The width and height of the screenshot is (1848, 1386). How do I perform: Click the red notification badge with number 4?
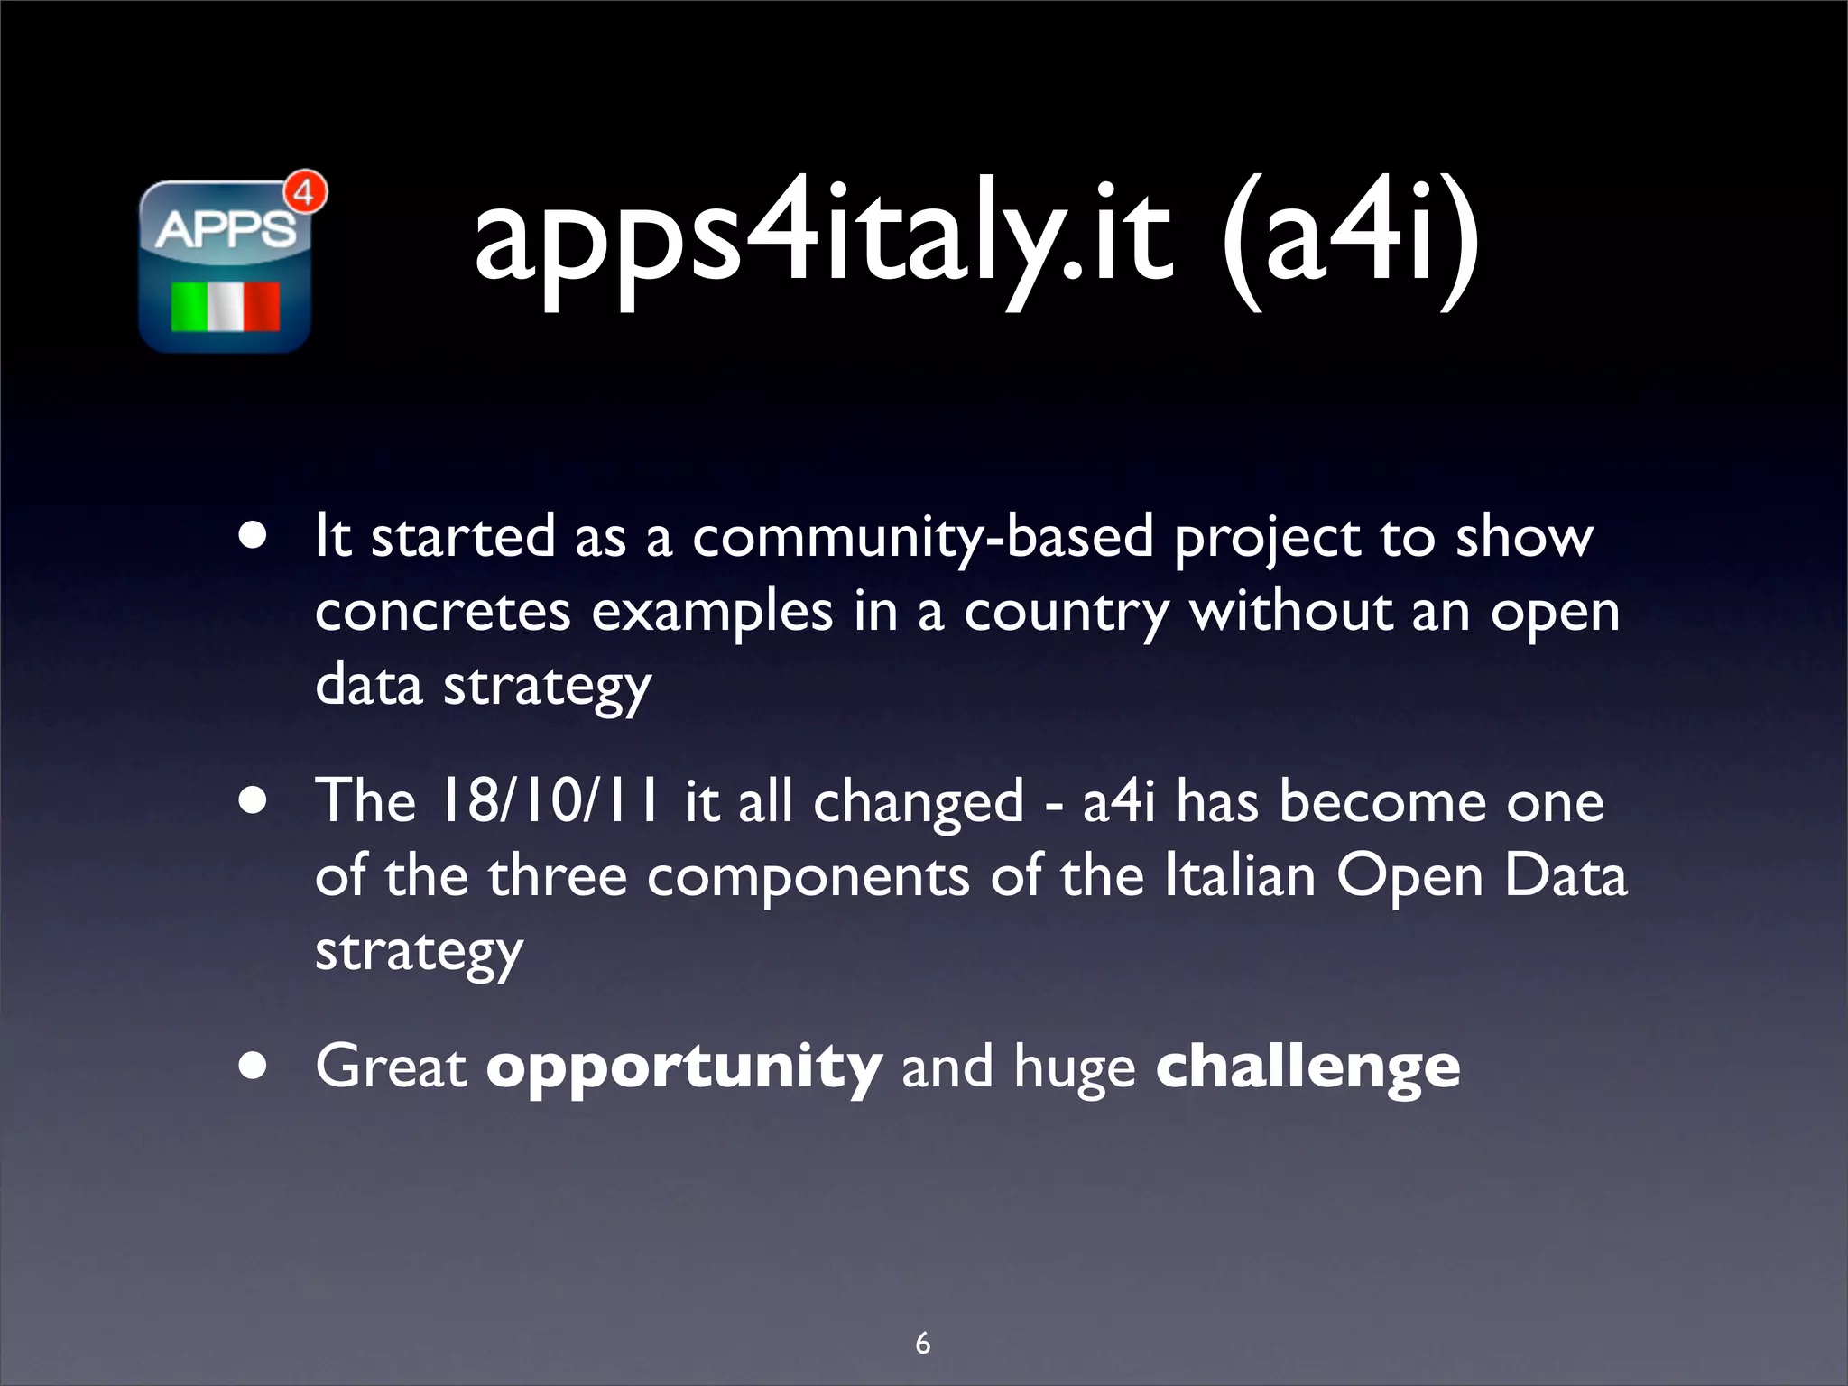(305, 193)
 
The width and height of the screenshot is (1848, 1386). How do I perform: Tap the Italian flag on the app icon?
(226, 307)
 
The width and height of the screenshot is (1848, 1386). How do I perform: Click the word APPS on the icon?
(226, 230)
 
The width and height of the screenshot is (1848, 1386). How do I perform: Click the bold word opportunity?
(684, 1067)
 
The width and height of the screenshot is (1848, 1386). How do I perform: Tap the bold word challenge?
(1307, 1067)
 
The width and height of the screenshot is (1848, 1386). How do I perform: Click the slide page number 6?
(922, 1343)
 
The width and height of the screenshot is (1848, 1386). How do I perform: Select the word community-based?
(922, 538)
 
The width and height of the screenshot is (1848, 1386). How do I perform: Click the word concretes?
(442, 612)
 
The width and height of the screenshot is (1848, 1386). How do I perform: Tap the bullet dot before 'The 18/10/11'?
(254, 802)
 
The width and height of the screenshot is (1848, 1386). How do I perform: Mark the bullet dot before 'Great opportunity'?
(254, 1067)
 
